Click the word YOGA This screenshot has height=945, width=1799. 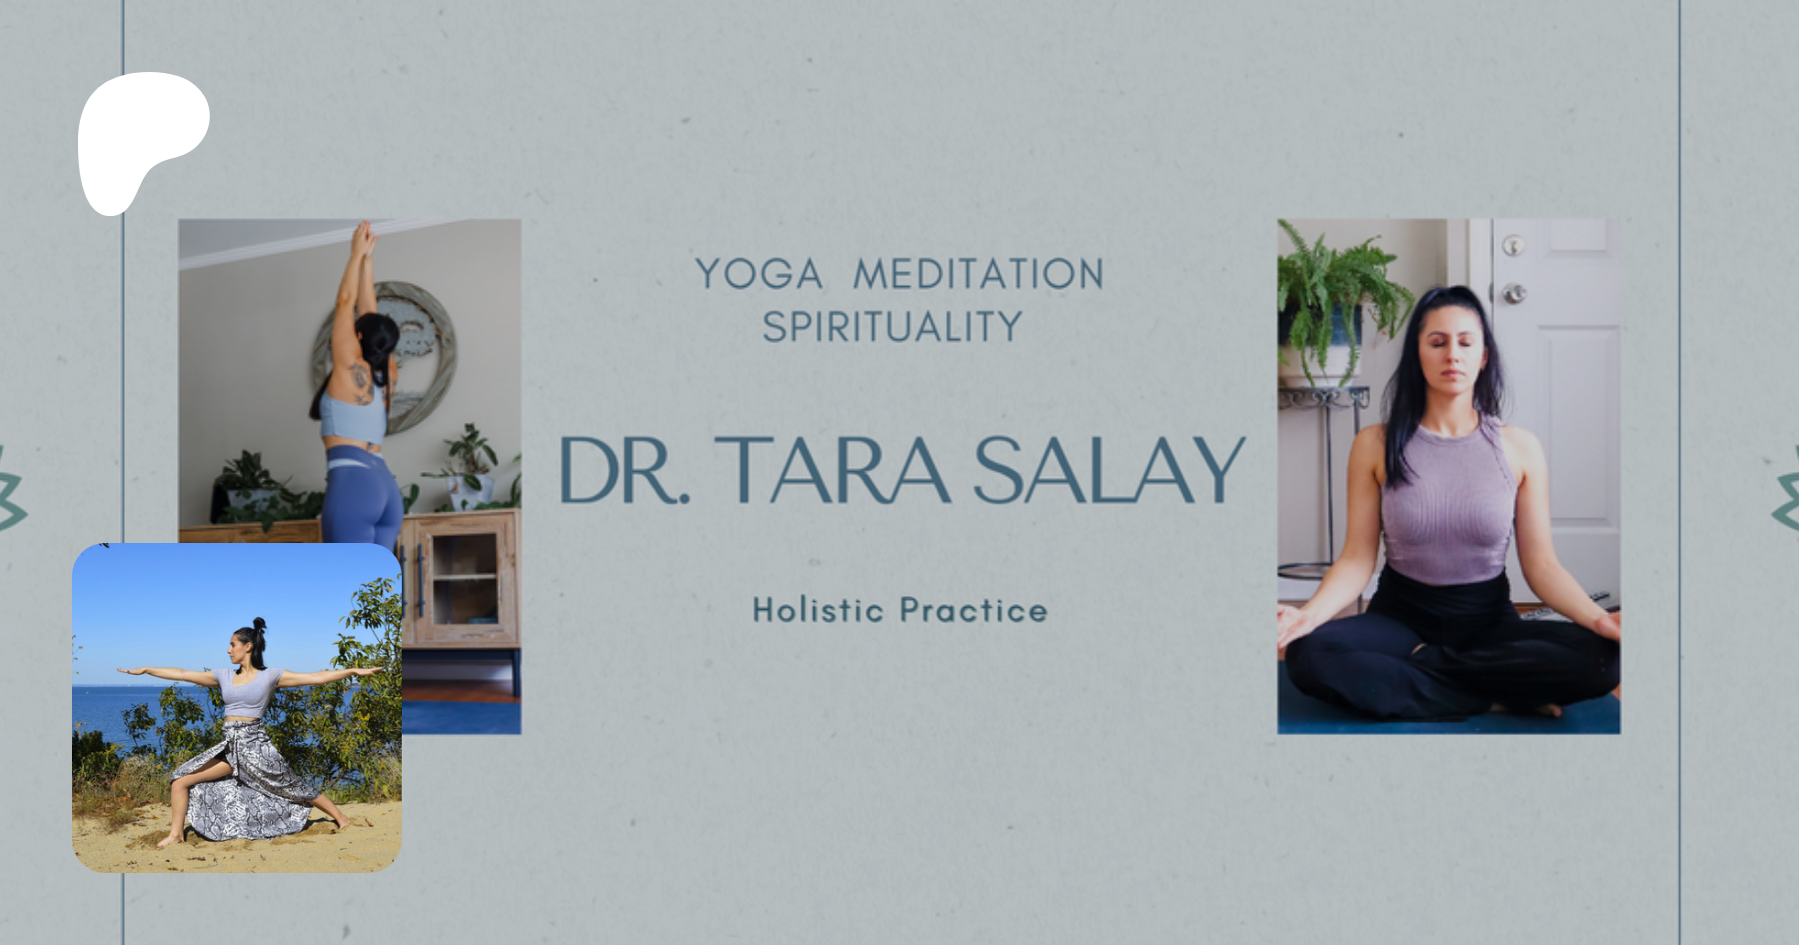759,274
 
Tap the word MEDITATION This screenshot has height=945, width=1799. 978,274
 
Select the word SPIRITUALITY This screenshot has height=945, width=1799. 893,327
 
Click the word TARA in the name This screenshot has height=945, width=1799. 832,469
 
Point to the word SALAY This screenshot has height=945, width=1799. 1108,469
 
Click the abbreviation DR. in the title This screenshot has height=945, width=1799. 624,469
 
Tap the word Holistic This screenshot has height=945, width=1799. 819,609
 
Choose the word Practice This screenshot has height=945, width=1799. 973,609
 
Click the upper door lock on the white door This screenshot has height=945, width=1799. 1513,245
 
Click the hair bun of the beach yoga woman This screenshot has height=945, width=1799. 259,625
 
